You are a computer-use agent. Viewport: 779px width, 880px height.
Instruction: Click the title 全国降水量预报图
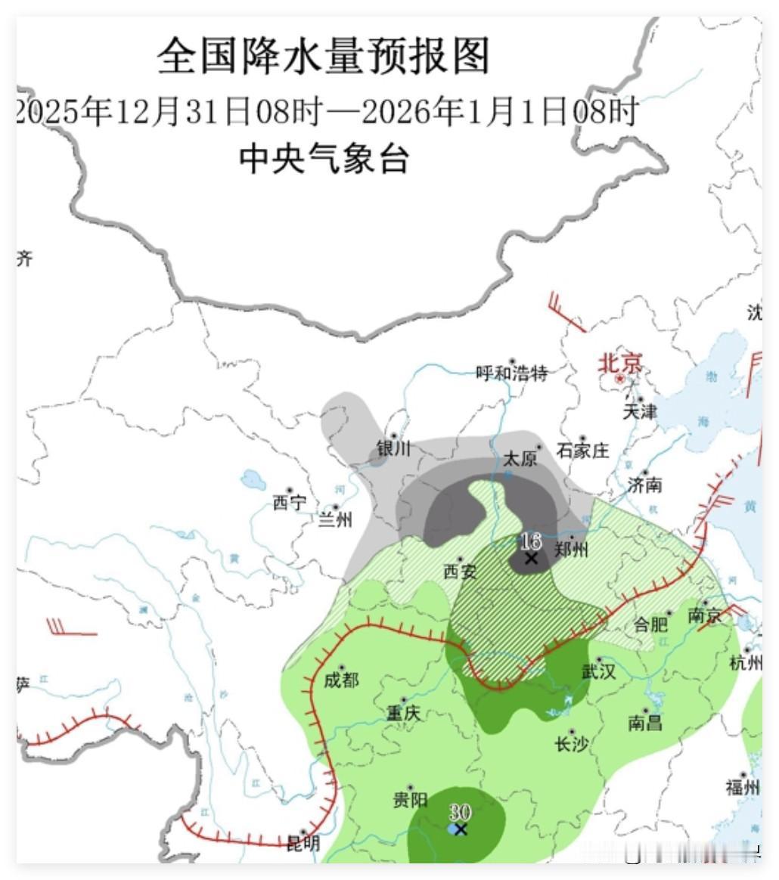coord(324,57)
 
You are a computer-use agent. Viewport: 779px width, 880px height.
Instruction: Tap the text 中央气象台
coord(324,160)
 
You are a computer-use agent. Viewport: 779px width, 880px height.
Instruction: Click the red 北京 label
coord(620,364)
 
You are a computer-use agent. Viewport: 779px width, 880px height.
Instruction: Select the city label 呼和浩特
coord(512,373)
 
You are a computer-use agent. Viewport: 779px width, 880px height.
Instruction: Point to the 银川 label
coord(393,448)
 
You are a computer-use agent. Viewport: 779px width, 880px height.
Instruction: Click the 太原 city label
coord(520,459)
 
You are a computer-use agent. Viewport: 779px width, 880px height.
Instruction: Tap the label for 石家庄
coord(582,451)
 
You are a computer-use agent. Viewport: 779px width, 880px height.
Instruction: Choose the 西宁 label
coord(290,503)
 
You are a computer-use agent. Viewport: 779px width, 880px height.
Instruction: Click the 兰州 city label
coord(335,519)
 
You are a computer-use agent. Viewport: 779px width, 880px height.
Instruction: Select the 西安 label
coord(460,572)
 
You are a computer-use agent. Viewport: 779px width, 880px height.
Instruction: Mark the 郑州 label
coord(570,549)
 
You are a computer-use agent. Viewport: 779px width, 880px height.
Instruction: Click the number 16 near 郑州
coord(530,541)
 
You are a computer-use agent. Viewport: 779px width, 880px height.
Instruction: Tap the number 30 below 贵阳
coord(460,812)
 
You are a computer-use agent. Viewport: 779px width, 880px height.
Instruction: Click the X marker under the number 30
coord(461,829)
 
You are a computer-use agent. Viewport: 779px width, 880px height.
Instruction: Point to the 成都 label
coord(340,680)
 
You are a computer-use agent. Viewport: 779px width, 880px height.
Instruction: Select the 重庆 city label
coord(403,713)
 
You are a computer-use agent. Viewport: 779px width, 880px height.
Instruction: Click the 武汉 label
coord(598,671)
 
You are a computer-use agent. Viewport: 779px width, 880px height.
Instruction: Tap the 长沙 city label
coord(571,744)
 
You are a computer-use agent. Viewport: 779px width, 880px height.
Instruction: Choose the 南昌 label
coord(645,723)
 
